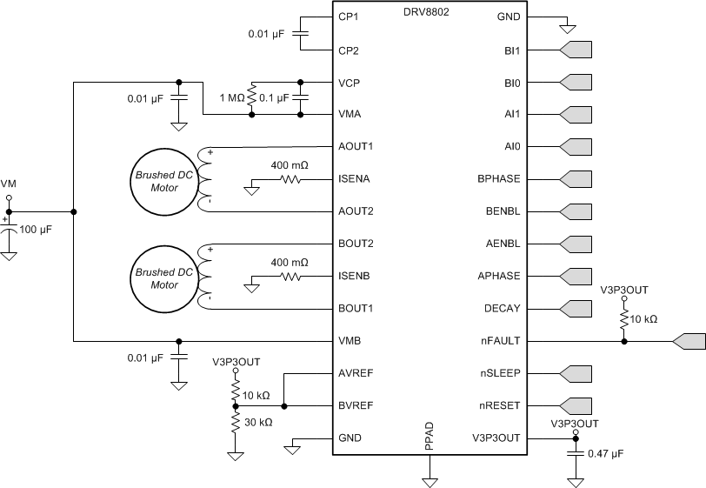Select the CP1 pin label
coord(349,17)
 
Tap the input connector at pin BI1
coord(576,50)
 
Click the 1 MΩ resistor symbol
coord(252,98)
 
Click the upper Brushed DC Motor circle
coord(164,179)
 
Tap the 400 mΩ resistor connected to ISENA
coord(289,180)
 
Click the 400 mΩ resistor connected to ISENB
coord(289,277)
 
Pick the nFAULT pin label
coord(500,341)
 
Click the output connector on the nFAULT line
coord(689,342)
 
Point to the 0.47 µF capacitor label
coord(606,453)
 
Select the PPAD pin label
coord(430,438)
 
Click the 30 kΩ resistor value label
coord(257,422)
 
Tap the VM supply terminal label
coord(9,184)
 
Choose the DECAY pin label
coord(502,309)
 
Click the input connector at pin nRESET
coord(576,405)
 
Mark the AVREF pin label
coord(355,373)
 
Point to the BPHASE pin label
coord(498,178)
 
